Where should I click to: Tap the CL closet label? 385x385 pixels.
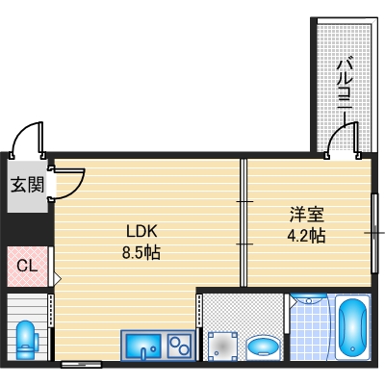coord(26,264)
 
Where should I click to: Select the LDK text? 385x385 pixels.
coord(138,231)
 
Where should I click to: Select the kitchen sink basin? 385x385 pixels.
coord(142,343)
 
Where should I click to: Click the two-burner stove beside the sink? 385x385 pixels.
coord(179,343)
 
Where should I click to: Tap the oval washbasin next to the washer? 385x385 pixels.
coord(262,346)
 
